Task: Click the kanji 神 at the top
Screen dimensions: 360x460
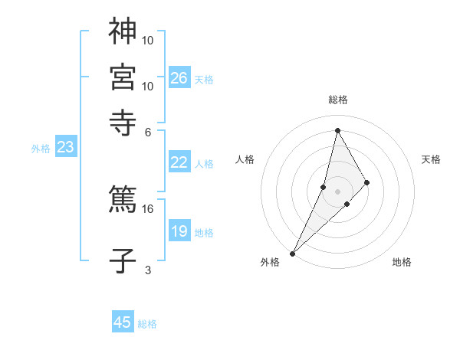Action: coord(123,32)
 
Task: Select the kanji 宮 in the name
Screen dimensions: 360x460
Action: coord(123,77)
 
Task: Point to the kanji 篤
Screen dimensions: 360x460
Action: coord(123,198)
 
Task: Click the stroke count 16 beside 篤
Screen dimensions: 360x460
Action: coord(148,208)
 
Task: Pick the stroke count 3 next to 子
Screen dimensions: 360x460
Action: coord(148,270)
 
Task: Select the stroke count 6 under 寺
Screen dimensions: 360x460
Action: coord(148,131)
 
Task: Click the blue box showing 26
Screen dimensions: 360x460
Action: coord(179,77)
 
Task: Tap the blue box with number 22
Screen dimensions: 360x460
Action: coord(179,162)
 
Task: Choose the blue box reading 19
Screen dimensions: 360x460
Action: coord(179,231)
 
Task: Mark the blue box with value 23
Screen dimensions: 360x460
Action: coord(65,148)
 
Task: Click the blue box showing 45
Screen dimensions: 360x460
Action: coord(123,322)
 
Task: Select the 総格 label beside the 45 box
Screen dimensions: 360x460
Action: coord(147,324)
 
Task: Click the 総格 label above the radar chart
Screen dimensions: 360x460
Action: coord(337,100)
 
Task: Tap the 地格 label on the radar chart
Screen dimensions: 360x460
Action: coord(402,263)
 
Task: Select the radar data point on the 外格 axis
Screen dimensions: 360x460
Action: coord(292,253)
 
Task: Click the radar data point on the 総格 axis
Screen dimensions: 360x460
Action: coord(337,130)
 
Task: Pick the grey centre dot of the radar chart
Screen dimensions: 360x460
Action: coord(337,191)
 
